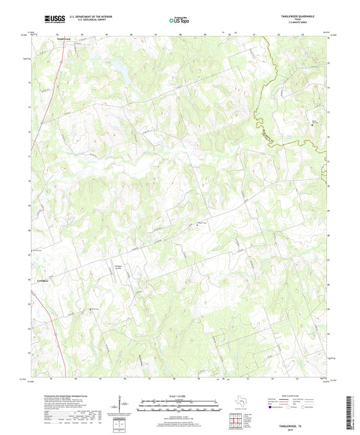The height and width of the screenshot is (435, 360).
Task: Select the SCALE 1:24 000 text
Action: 179,396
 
